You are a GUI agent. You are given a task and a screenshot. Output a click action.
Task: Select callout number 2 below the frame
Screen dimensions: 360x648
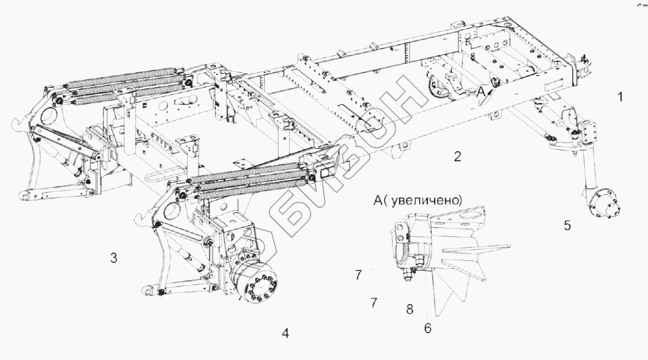(x=457, y=156)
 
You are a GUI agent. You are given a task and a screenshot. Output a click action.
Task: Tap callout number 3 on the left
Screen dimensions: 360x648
(x=113, y=259)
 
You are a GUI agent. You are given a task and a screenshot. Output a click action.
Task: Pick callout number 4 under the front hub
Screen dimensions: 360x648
(x=286, y=333)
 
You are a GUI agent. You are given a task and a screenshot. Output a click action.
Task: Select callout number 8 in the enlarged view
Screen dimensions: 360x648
(x=409, y=308)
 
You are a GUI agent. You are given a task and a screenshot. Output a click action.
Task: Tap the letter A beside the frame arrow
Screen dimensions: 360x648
(x=480, y=92)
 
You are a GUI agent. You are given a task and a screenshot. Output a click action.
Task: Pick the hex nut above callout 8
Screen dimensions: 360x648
(x=418, y=261)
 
